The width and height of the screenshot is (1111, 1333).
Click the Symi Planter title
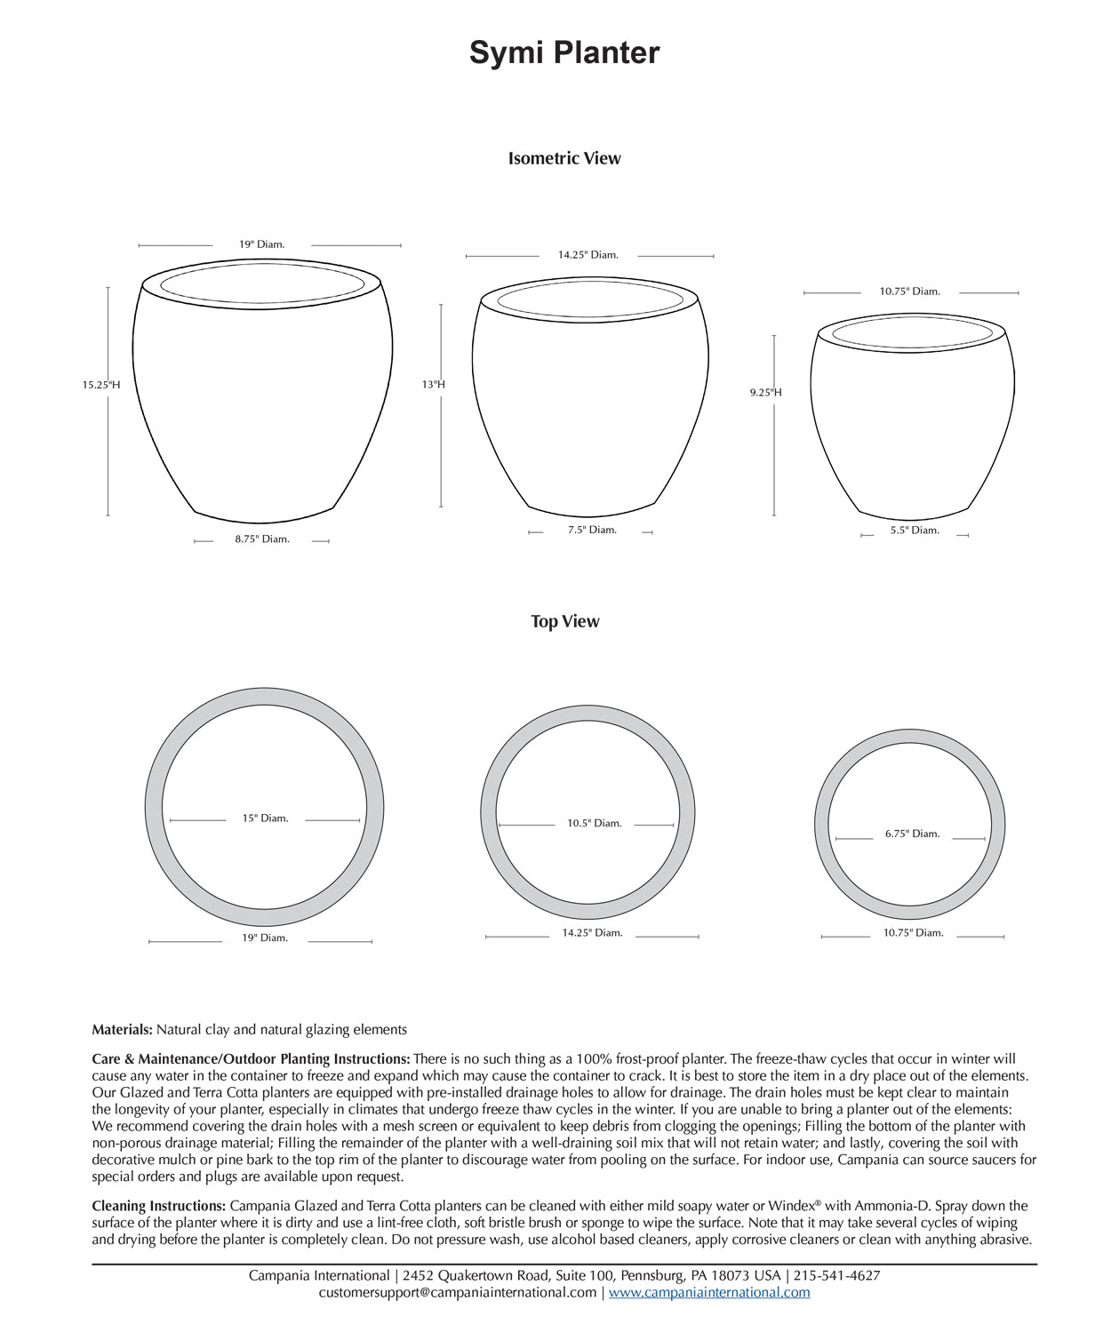564,53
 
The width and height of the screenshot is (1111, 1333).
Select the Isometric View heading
564,158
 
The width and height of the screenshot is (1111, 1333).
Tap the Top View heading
565,621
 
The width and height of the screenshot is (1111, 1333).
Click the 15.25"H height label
101,385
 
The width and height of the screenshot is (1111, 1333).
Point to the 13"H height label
434,385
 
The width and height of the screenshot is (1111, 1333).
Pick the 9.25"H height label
765,392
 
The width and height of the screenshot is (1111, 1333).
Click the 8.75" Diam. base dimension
262,539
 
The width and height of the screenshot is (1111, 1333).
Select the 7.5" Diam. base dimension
592,530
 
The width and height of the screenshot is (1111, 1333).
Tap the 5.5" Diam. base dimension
915,531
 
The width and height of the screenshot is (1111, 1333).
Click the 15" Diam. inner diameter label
265,818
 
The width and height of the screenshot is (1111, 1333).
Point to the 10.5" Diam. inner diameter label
595,824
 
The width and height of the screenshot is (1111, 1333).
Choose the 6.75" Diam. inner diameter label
912,834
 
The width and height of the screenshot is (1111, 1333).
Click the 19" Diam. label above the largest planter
261,244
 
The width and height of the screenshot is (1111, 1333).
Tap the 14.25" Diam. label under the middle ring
592,933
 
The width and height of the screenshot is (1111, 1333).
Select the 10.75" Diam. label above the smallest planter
909,291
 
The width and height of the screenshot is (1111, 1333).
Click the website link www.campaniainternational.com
709,1292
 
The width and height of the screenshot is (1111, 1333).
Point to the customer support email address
458,1292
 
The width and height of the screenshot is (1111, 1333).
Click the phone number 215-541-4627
836,1275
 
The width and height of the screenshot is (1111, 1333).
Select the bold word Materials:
123,1030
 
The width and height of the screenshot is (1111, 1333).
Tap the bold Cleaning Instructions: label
159,1206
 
